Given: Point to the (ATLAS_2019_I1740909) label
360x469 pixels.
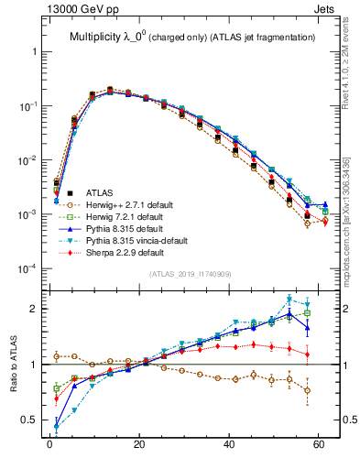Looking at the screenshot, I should (189, 275).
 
